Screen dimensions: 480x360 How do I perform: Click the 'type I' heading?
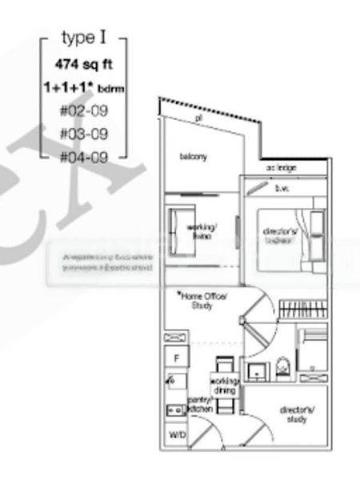[83, 38]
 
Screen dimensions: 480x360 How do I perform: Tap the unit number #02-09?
[83, 110]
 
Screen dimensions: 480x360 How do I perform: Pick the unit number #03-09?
[83, 133]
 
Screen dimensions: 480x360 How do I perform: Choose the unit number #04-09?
[83, 156]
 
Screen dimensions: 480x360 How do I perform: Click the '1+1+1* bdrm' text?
[82, 86]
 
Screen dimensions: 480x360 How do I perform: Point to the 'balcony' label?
[194, 157]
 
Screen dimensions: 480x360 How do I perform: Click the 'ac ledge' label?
[282, 169]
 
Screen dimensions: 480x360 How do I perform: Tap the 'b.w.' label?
[282, 190]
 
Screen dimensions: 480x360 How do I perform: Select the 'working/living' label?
[200, 232]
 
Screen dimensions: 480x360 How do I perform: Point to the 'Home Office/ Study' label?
[204, 300]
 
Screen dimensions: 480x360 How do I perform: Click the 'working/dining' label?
[225, 385]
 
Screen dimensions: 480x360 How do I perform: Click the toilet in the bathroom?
[282, 369]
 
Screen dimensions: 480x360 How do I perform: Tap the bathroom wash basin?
[256, 371]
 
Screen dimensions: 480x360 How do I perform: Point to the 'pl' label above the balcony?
[198, 118]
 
